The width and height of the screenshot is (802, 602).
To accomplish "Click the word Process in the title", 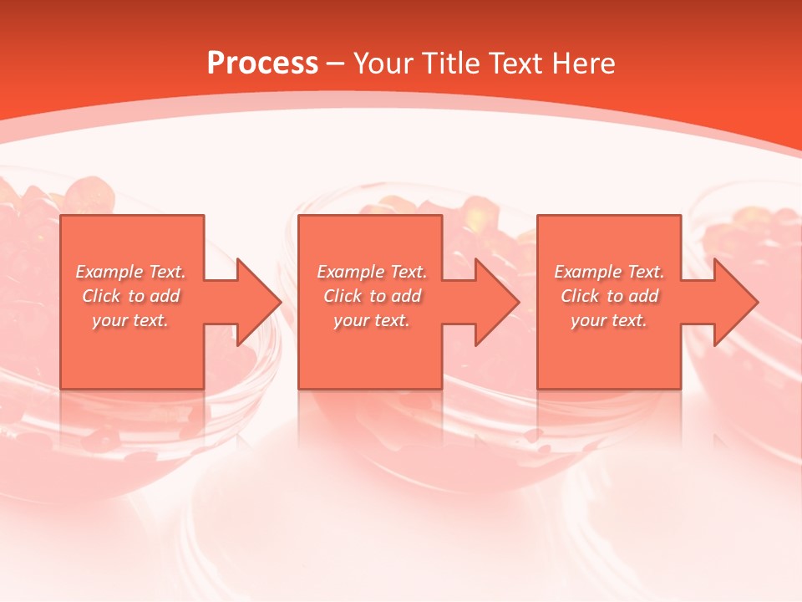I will click(262, 64).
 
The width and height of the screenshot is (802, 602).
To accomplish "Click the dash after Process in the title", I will click(335, 64).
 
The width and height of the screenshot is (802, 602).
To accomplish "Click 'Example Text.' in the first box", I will click(130, 272).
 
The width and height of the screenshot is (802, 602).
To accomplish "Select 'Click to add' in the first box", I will click(130, 296).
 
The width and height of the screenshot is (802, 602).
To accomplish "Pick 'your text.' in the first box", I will click(130, 320).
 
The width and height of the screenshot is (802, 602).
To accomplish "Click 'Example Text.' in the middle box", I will click(372, 272).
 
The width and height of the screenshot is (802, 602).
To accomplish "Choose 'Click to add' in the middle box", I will click(372, 296).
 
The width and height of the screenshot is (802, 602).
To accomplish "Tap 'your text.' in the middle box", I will click(372, 320).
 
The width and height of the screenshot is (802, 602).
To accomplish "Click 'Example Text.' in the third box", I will click(609, 272).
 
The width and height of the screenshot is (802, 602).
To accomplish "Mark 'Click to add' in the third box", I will click(609, 296).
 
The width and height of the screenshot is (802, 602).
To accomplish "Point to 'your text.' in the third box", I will click(609, 320).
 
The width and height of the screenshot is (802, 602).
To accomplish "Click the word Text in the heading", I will click(514, 64).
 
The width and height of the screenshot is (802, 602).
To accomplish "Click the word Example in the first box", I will click(109, 272).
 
